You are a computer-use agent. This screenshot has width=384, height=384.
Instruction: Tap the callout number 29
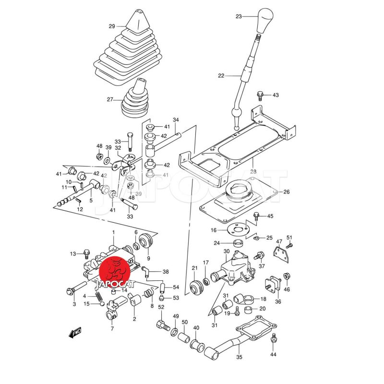[x=112, y=26]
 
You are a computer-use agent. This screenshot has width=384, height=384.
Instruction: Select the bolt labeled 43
[x=261, y=95]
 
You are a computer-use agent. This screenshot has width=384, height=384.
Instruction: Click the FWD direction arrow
[x=74, y=332]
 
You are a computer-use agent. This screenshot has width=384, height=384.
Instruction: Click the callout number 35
[x=240, y=357]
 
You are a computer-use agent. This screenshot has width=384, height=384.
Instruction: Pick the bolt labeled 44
[x=274, y=338]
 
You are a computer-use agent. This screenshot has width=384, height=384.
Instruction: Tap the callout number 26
[x=287, y=192]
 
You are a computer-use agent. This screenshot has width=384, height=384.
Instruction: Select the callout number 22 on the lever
[x=221, y=76]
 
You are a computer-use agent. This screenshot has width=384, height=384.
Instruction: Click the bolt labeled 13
[x=87, y=252]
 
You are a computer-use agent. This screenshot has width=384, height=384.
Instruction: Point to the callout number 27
[x=110, y=100]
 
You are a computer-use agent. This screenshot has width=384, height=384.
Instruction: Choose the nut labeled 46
[x=286, y=277]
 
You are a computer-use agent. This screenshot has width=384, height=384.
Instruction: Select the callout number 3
[x=74, y=304]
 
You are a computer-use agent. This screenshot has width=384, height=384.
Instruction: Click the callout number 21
[x=195, y=268]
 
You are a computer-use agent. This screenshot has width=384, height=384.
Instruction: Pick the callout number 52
[x=161, y=307]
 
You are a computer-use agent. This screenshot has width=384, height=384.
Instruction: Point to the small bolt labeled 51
[x=290, y=245]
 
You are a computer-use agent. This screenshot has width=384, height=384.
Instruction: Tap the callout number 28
[x=253, y=171]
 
